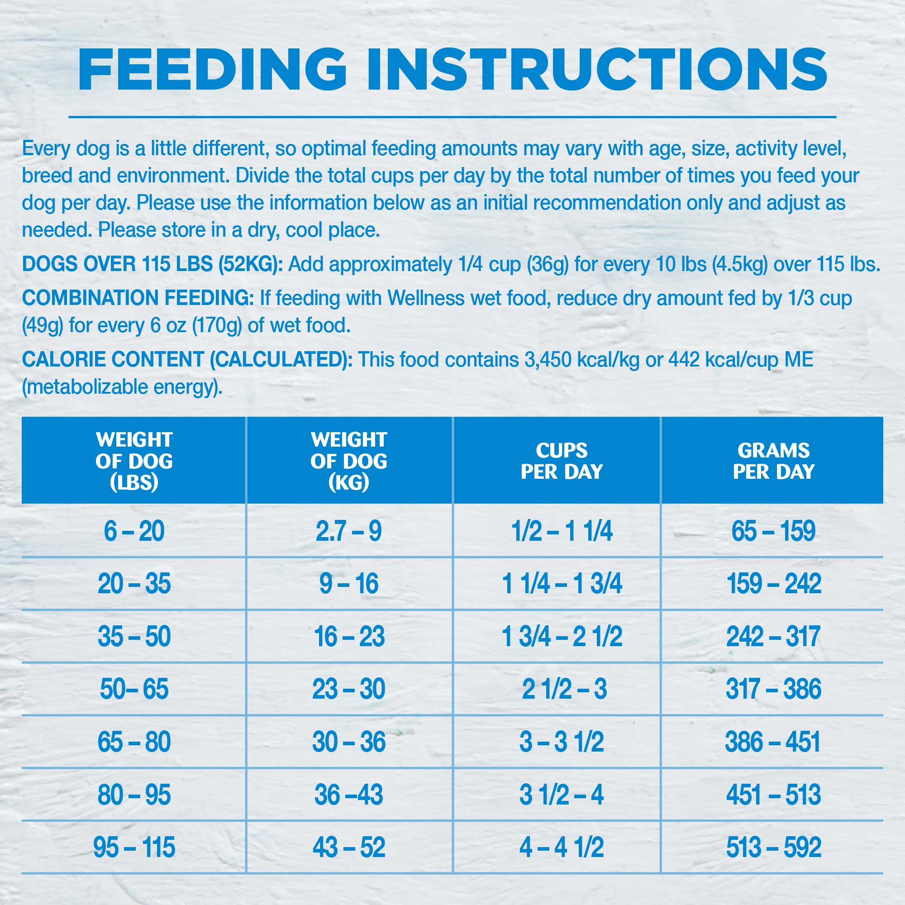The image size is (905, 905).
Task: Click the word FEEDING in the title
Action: tap(212, 69)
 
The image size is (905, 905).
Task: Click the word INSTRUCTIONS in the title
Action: tap(597, 69)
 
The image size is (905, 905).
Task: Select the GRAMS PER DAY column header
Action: tap(773, 461)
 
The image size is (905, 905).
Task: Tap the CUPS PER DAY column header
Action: tap(562, 461)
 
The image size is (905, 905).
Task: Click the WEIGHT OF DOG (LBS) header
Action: tap(134, 461)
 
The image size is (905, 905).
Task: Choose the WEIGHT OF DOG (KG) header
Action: tap(348, 461)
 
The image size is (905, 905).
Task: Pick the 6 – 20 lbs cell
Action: tap(134, 531)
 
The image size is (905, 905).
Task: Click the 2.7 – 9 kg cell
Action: tap(348, 531)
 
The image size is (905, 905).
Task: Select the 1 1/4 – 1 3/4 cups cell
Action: tap(562, 584)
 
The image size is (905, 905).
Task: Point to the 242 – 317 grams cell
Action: tap(773, 637)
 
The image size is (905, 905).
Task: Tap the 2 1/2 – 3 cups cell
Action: tap(564, 689)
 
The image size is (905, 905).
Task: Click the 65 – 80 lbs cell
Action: tap(134, 742)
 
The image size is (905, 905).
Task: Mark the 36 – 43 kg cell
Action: tap(348, 795)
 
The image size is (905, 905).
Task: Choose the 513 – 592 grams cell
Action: tap(774, 848)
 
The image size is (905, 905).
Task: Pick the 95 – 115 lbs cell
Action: tap(134, 848)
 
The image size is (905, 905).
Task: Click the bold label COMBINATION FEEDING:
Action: tap(138, 298)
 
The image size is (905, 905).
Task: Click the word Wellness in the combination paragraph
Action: tap(426, 298)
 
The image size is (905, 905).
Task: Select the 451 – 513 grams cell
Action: tap(774, 795)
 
